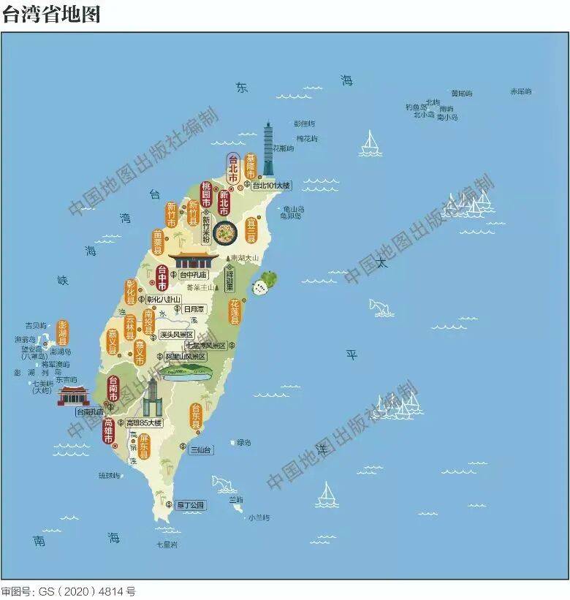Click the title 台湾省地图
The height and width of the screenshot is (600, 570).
click(x=50, y=14)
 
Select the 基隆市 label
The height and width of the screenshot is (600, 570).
click(x=251, y=167)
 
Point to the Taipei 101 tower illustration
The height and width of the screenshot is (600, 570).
click(x=269, y=149)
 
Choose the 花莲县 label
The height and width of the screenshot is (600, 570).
click(x=235, y=311)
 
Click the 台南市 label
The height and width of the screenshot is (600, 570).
click(x=113, y=388)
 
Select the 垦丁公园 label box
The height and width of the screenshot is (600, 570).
click(x=191, y=504)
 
